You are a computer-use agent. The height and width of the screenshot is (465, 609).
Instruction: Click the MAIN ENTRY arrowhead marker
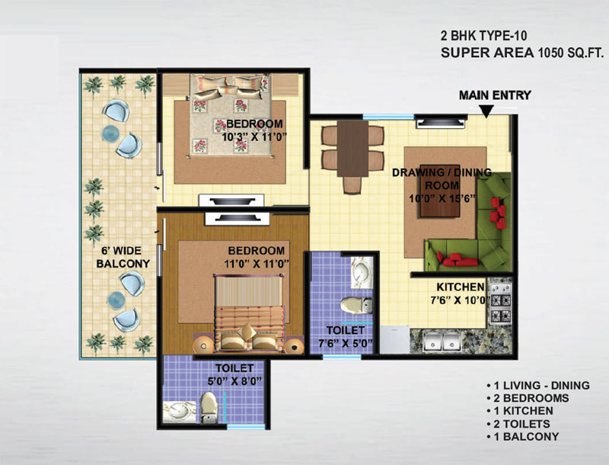pos(486,111)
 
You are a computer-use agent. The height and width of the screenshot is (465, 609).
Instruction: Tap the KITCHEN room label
pos(461,287)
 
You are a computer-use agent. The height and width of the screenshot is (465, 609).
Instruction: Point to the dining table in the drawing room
pos(352,149)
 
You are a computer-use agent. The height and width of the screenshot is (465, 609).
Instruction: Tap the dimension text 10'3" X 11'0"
pos(253,137)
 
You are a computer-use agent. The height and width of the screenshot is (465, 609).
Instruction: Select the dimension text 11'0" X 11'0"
pos(257,264)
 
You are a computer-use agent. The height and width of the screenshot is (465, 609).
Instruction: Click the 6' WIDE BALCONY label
pos(123,257)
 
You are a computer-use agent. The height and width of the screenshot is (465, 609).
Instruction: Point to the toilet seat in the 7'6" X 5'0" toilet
pos(356,305)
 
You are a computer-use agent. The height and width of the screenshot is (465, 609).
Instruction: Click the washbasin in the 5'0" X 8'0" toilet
pos(179,412)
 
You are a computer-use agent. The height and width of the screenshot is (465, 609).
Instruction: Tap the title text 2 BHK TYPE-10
pos(483,36)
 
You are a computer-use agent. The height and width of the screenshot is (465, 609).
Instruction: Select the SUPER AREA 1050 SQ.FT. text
pos(522,53)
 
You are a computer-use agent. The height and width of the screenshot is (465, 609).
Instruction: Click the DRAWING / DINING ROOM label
pos(442,178)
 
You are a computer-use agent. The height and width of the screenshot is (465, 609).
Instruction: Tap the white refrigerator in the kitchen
pos(394,339)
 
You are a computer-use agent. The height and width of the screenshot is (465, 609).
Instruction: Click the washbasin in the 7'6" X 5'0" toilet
pos(362,272)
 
